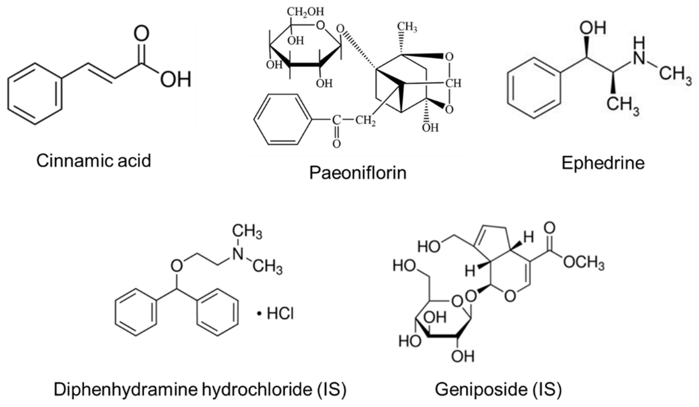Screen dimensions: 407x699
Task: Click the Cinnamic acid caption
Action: [94, 161]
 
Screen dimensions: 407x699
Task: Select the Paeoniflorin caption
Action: [357, 173]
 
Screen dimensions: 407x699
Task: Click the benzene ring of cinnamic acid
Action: [35, 94]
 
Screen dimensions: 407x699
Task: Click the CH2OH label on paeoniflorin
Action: [305, 12]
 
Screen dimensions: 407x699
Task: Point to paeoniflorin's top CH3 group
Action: [407, 27]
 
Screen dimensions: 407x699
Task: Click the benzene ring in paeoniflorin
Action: [282, 119]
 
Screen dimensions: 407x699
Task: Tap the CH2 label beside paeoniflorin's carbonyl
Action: [365, 121]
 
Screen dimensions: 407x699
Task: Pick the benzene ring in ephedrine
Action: [534, 88]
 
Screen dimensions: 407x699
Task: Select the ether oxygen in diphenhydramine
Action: [177, 266]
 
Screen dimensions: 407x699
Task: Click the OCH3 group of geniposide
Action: [584, 262]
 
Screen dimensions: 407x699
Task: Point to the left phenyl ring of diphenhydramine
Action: [136, 312]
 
